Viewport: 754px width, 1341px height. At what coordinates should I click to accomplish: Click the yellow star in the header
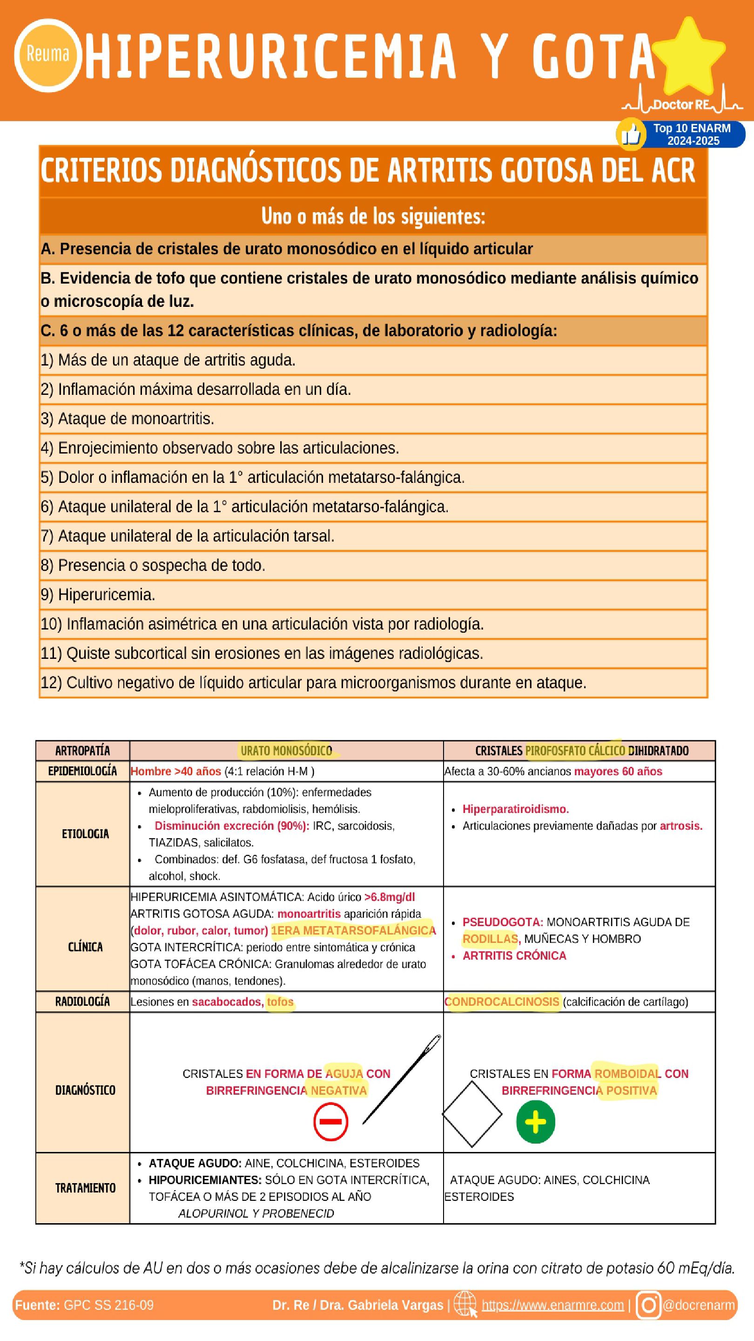tap(688, 57)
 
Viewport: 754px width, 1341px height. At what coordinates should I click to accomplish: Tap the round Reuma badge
tap(47, 54)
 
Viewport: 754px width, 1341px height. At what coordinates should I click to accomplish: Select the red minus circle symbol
tap(330, 1122)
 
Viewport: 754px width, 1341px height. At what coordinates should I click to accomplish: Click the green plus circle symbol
tap(535, 1122)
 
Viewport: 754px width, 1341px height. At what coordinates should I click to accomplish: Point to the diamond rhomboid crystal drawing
tap(472, 1115)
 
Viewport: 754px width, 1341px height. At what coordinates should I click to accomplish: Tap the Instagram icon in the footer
tap(648, 1305)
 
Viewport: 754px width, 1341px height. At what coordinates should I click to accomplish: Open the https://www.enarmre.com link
tap(552, 1305)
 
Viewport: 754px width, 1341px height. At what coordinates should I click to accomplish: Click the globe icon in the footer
tap(465, 1305)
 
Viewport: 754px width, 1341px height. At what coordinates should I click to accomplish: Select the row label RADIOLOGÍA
tap(83, 1002)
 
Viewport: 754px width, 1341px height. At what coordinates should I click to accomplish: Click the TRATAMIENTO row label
tap(85, 1188)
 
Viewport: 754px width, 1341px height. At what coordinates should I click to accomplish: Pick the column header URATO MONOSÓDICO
tap(286, 751)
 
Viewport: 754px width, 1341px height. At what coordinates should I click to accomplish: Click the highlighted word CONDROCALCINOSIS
tap(502, 1002)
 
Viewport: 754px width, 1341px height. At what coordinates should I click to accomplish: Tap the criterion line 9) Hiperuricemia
tap(98, 595)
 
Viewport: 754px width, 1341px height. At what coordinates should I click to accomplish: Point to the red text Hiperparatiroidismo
tap(516, 809)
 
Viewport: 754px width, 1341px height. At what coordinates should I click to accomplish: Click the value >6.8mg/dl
tap(389, 897)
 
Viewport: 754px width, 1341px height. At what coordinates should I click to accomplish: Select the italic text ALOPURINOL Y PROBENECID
tap(256, 1213)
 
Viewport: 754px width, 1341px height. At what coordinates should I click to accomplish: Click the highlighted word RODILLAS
tap(490, 939)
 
